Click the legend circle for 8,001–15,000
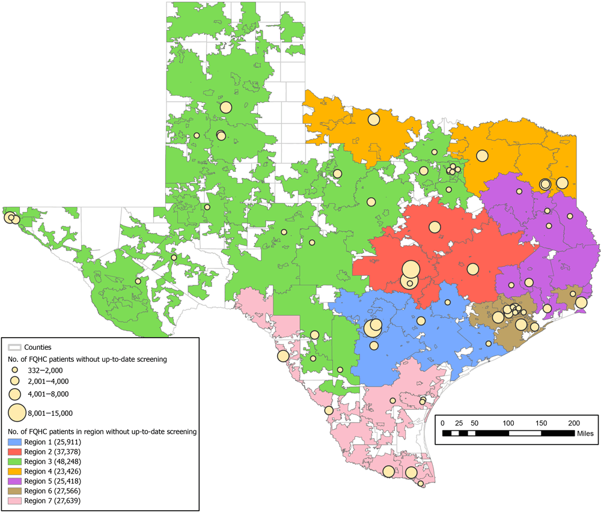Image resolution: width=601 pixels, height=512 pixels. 17,413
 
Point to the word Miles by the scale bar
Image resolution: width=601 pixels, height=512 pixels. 586,433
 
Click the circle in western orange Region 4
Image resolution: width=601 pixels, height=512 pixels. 374,120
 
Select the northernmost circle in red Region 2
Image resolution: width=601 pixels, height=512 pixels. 435,227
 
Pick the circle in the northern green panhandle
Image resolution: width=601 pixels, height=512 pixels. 226,108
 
